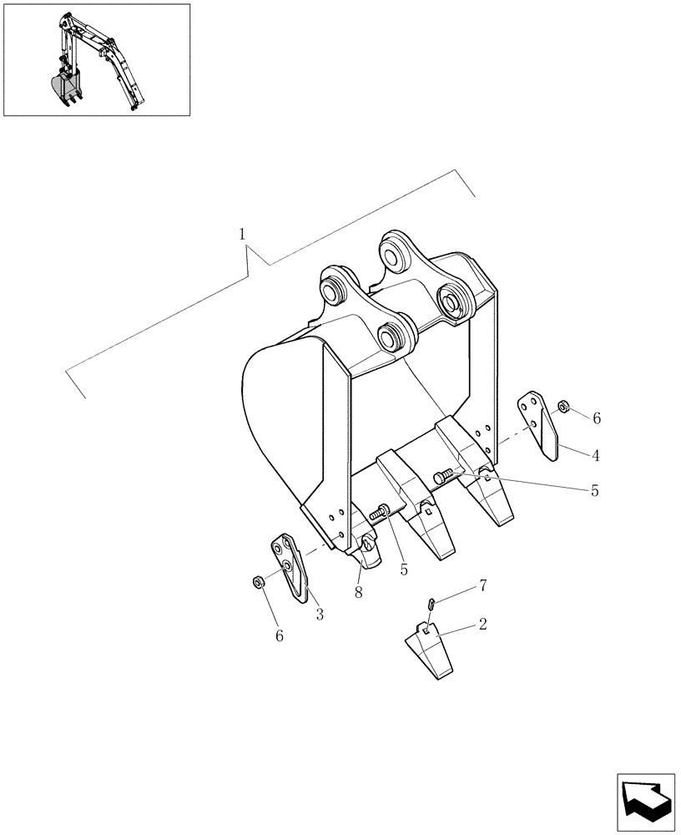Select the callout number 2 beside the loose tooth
point(483,624)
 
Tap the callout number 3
point(320,615)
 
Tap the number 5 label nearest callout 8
point(404,569)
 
